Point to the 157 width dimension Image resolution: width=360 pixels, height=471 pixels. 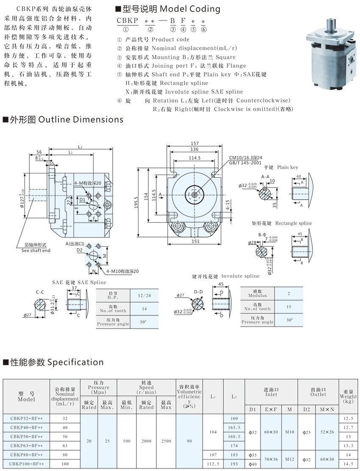[195, 143]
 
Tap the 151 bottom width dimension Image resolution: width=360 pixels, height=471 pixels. [195, 242]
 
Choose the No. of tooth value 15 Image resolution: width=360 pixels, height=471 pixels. [288, 307]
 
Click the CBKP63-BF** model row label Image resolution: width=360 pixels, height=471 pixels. [26, 446]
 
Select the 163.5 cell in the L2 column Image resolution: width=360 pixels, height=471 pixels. [234, 427]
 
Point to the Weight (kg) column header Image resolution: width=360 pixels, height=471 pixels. [348, 396]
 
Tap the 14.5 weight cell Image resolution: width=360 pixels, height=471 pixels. [348, 464]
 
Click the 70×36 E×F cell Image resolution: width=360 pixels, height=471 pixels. [271, 459]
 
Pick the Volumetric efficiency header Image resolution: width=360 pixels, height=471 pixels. [189, 396]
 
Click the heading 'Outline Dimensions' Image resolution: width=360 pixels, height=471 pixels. [66, 119]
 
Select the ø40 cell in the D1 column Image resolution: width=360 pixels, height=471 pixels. [252, 464]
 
